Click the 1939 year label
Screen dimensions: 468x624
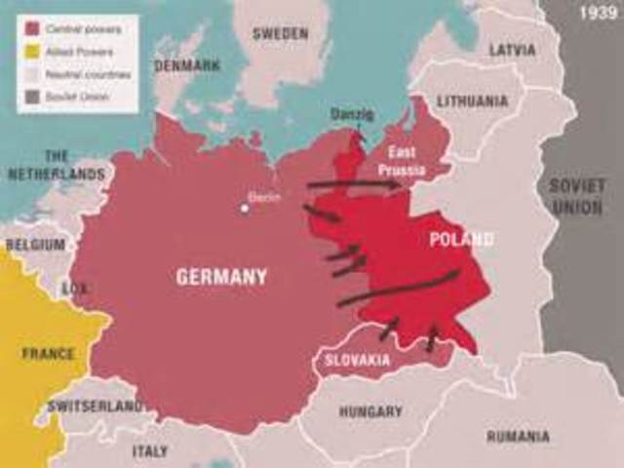[596, 14]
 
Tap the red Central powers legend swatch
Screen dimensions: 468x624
[31, 30]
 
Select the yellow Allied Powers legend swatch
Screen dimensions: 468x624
[31, 51]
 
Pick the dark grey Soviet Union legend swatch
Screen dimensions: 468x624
[31, 96]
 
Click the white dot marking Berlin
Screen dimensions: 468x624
[246, 207]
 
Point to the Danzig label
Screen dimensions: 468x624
[352, 113]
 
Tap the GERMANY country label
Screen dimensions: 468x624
[221, 278]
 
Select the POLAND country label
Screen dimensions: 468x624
[460, 239]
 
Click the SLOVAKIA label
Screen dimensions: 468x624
[358, 360]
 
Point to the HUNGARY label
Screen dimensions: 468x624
[370, 411]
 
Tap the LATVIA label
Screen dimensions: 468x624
[511, 49]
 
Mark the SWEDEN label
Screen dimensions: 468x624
[280, 33]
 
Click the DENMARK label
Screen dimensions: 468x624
[186, 65]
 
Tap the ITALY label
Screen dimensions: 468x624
[149, 451]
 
